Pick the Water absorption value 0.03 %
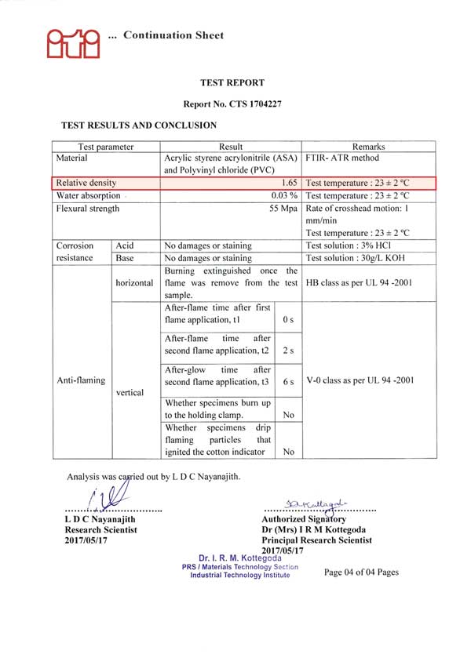pos(284,195)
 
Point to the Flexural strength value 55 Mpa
pos(283,209)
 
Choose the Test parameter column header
pos(106,147)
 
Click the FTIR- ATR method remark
pos(341,158)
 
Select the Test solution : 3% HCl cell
pos(349,245)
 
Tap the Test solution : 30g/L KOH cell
pos(358,258)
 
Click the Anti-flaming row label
pos(81,380)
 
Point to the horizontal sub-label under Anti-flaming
pos(135,283)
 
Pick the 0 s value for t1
pos(287,321)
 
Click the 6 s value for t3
pos(288,382)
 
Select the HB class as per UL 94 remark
pos(359,283)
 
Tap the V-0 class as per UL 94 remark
pos(360,380)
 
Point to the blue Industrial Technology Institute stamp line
pos(239,575)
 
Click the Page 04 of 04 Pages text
pos(361,572)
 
